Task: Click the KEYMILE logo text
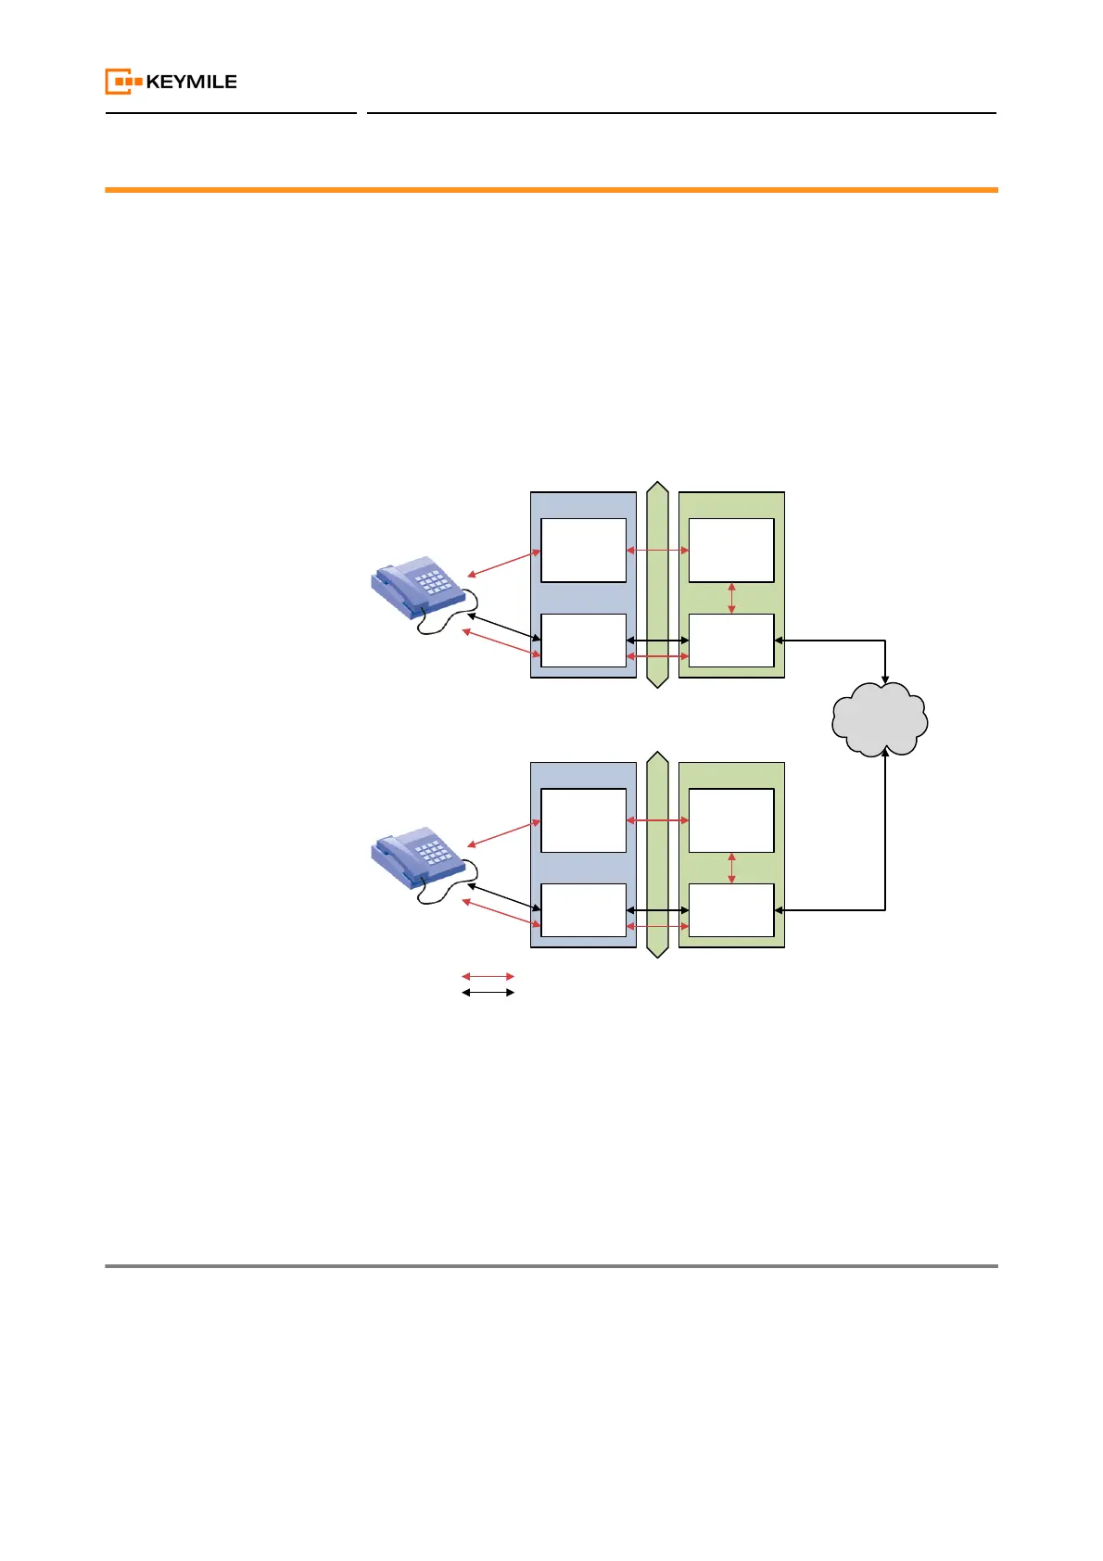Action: [x=191, y=82]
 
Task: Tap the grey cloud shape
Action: [x=880, y=719]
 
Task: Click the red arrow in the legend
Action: [x=488, y=976]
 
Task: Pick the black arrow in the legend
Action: [x=488, y=993]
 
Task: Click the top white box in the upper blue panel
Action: [x=583, y=551]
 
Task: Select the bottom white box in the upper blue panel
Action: [x=583, y=641]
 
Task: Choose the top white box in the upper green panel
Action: [x=731, y=551]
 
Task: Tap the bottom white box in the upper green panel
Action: [x=731, y=641]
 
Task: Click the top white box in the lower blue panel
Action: [x=583, y=820]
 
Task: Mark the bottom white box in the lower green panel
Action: [x=731, y=910]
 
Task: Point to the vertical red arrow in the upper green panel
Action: [x=732, y=598]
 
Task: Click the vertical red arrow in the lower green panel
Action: [x=732, y=868]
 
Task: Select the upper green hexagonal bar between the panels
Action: [x=657, y=585]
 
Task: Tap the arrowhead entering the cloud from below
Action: [x=885, y=754]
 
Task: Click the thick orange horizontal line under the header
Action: [x=551, y=190]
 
